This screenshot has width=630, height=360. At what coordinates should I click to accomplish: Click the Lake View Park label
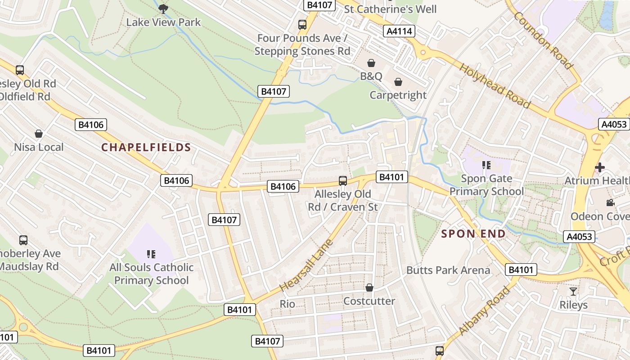(x=163, y=22)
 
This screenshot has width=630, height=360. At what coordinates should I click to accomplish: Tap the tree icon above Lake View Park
(x=163, y=8)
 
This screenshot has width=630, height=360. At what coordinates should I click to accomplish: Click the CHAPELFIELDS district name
(x=146, y=147)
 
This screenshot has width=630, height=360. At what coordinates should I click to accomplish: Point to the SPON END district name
(x=473, y=234)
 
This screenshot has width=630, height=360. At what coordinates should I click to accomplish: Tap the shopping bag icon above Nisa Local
(x=39, y=134)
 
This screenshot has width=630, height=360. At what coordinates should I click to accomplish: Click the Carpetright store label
(x=398, y=95)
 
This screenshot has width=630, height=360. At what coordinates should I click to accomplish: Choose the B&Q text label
(x=371, y=76)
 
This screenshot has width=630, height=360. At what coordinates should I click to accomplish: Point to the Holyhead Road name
(x=495, y=85)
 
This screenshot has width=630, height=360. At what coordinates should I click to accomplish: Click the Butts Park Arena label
(x=448, y=270)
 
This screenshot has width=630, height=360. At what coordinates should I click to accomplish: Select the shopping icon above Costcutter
(x=369, y=287)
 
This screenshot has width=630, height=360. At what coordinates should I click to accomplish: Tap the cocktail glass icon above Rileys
(x=573, y=291)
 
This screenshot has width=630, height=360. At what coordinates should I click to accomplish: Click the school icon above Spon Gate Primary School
(x=486, y=165)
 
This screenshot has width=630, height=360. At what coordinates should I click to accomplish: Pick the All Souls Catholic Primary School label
(x=151, y=274)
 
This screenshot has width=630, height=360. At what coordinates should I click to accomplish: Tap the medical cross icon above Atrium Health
(x=599, y=167)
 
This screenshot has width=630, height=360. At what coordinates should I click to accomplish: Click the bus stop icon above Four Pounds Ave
(x=302, y=25)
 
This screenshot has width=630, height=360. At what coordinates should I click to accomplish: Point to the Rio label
(x=288, y=304)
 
